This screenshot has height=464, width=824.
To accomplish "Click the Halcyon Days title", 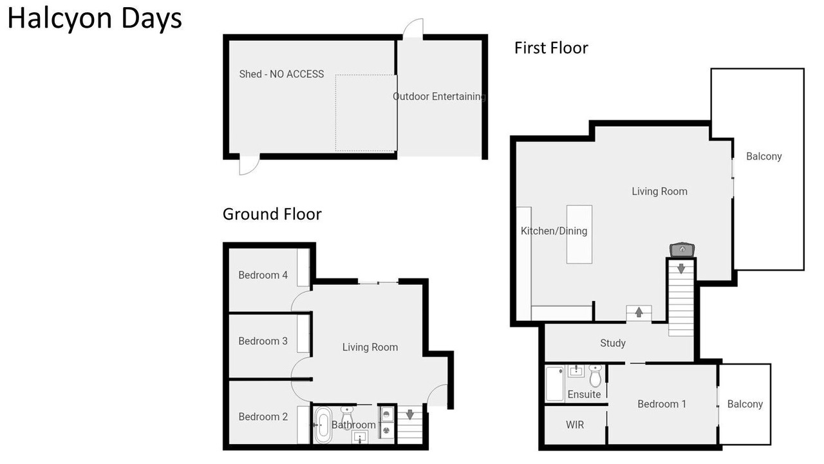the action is (95, 19).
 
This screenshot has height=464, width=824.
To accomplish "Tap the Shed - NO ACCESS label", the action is (281, 74).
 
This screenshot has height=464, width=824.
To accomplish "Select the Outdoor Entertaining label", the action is (439, 97).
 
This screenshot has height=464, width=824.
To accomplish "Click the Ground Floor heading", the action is (272, 214).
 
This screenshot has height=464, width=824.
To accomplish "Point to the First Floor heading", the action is (551, 48).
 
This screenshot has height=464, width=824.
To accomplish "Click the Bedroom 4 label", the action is (263, 275).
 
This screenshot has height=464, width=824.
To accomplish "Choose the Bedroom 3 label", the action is (263, 341).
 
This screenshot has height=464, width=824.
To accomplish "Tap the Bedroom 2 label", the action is (263, 416).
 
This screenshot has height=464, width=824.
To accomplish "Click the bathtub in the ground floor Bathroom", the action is (323, 425).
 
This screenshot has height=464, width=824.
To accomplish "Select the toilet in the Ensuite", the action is (595, 375).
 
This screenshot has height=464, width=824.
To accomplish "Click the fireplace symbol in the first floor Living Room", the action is (682, 249).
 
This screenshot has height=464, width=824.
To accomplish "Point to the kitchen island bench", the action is (579, 235).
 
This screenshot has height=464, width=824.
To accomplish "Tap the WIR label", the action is (575, 425).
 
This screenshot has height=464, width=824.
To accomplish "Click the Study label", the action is (613, 343).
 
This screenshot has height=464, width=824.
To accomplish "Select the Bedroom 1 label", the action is (662, 404).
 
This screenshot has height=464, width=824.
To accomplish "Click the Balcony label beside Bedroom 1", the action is (745, 404).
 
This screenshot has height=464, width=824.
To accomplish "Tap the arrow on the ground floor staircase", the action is (410, 414).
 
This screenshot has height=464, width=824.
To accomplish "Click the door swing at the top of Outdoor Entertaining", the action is (413, 28).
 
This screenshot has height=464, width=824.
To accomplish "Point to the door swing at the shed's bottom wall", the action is (249, 164).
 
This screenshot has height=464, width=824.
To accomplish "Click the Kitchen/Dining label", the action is (554, 231).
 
